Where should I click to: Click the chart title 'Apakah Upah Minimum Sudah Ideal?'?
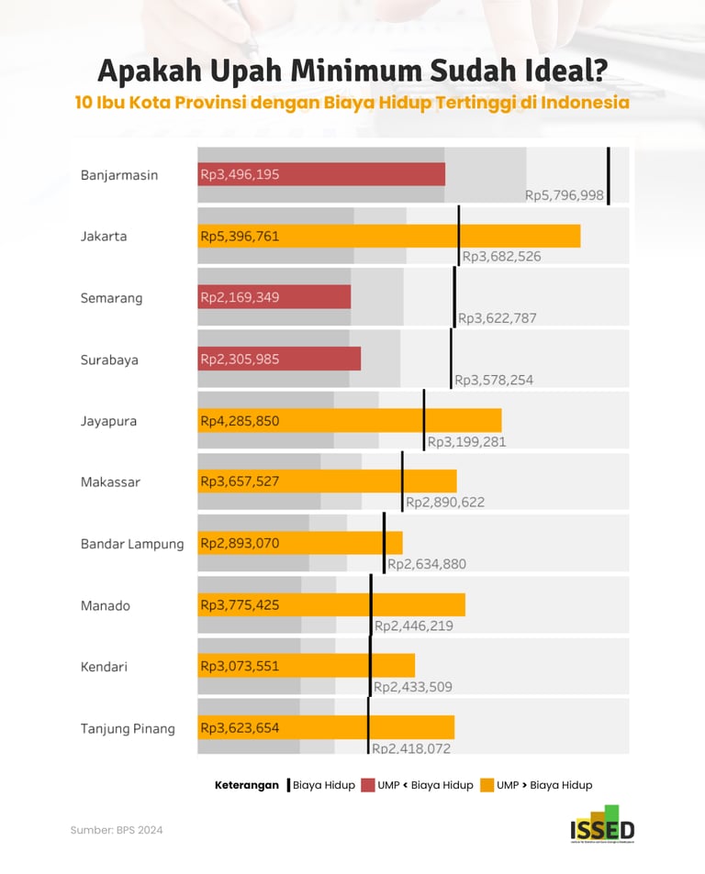[x=352, y=71]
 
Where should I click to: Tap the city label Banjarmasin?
[x=119, y=174]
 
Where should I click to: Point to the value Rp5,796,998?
[x=565, y=194]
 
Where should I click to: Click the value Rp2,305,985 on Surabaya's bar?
[x=241, y=359]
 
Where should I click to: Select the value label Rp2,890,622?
[x=445, y=502]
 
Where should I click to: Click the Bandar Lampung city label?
[x=132, y=544]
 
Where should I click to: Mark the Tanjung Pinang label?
[x=128, y=728]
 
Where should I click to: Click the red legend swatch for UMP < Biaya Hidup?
[x=368, y=785]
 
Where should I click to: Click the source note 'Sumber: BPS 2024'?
[x=117, y=830]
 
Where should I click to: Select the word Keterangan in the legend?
[x=247, y=785]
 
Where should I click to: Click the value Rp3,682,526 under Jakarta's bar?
[x=501, y=257]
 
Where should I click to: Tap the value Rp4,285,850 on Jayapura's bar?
[x=241, y=421]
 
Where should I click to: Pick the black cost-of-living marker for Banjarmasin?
[x=608, y=174]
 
